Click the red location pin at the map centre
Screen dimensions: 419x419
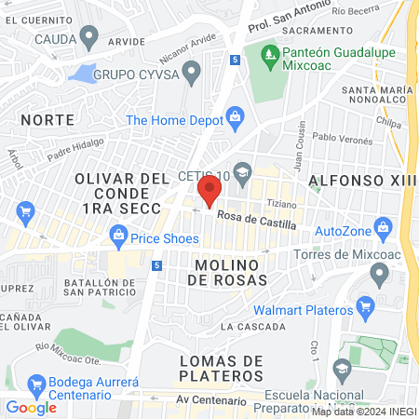tap(209, 193)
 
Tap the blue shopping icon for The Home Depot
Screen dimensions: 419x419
tap(234, 117)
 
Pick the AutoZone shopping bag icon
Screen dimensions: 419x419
tap(382, 228)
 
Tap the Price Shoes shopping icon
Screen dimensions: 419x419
tap(119, 238)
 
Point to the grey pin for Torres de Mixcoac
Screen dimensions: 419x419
tap(379, 274)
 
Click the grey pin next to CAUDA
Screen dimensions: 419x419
tap(89, 38)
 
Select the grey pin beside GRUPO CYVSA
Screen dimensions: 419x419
tap(193, 71)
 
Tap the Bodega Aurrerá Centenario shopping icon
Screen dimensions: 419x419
tap(37, 384)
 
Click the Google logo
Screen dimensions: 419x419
tap(31, 407)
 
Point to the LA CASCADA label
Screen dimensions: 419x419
tap(253, 327)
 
